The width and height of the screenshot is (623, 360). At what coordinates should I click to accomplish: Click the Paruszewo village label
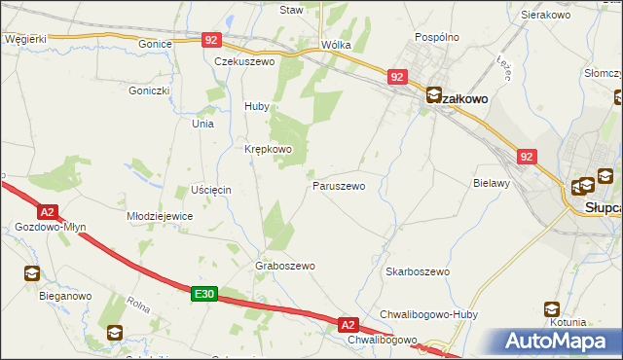click(x=338, y=185)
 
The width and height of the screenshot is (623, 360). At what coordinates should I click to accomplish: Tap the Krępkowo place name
click(x=268, y=149)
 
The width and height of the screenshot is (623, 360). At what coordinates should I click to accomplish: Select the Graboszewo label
click(x=284, y=266)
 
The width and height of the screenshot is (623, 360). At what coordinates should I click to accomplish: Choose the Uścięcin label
click(x=210, y=188)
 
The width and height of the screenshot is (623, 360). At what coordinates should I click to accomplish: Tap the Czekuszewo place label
click(x=245, y=60)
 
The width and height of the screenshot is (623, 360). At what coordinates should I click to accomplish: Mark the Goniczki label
click(x=149, y=90)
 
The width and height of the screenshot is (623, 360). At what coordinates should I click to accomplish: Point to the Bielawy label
click(x=492, y=183)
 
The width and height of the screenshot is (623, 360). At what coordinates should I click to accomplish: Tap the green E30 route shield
click(x=202, y=294)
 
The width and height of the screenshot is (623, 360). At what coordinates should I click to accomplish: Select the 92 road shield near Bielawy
click(x=527, y=156)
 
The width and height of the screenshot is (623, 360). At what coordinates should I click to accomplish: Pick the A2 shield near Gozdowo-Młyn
click(x=47, y=211)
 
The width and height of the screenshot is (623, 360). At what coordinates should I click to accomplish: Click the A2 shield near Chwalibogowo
click(x=349, y=323)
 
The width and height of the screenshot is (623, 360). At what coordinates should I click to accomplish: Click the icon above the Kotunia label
click(x=552, y=309)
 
